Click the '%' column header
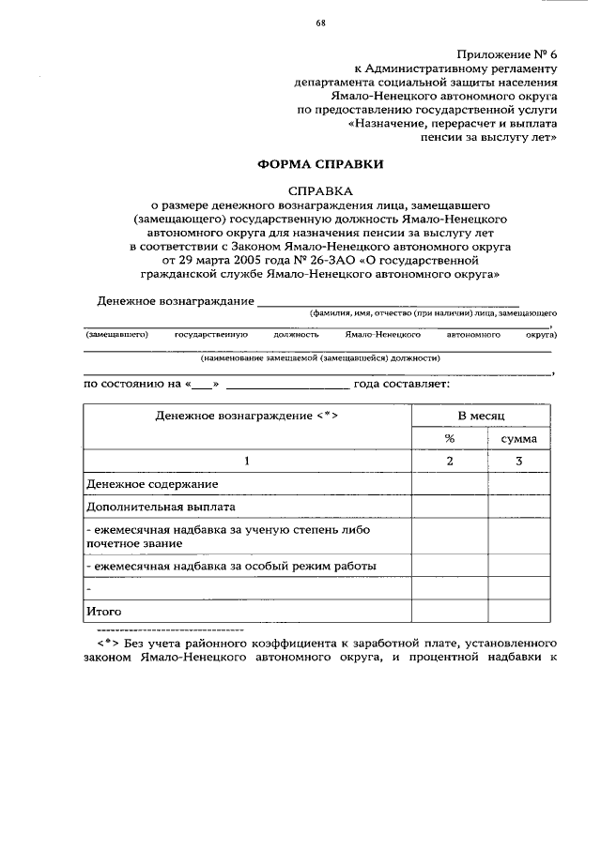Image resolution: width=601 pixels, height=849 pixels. [449, 438]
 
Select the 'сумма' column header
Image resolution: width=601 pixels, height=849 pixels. [518, 438]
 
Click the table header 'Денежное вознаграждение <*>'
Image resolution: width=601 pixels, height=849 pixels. [247, 415]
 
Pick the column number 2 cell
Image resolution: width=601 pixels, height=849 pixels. [449, 461]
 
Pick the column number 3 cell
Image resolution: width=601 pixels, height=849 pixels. [518, 461]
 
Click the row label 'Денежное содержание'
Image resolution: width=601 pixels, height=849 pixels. [151, 484]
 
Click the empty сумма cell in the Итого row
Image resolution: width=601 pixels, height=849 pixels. [518, 611]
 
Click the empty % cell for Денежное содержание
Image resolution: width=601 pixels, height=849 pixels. [449, 484]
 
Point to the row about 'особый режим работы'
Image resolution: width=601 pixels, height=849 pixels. [231, 566]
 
